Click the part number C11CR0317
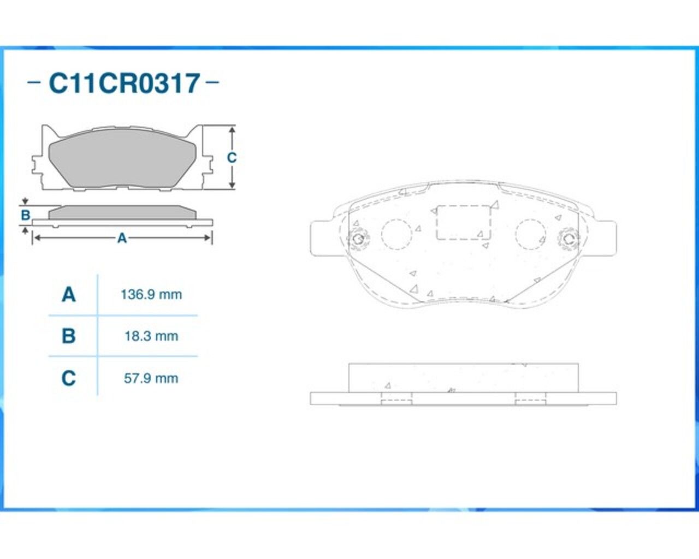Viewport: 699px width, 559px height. click(x=124, y=83)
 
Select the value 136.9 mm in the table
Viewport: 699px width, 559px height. click(x=151, y=295)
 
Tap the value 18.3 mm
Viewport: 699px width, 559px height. click(x=151, y=336)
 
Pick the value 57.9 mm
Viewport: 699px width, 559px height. click(x=151, y=378)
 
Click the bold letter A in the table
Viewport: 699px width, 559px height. click(x=69, y=295)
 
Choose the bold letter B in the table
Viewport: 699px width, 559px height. click(x=69, y=336)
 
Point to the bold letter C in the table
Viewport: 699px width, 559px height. click(x=69, y=378)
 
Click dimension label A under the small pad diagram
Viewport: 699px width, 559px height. click(x=122, y=238)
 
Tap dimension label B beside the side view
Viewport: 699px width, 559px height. click(x=25, y=215)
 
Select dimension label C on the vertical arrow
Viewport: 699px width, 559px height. click(x=232, y=158)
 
